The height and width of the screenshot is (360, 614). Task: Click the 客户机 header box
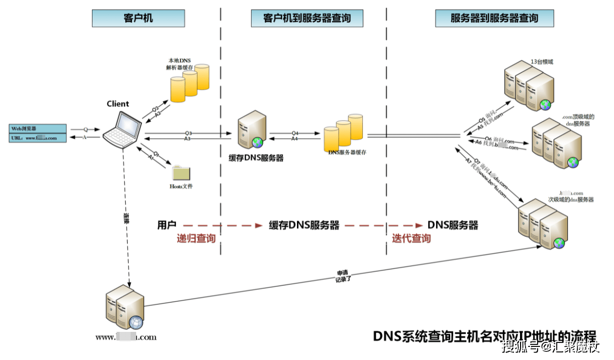click(138, 19)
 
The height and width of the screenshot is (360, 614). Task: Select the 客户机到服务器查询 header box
click(307, 19)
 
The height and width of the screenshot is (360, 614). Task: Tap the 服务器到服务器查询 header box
click(494, 19)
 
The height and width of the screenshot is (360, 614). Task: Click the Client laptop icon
click(123, 129)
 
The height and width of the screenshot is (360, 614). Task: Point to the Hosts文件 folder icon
click(181, 172)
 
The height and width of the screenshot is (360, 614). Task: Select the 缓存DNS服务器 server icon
click(251, 132)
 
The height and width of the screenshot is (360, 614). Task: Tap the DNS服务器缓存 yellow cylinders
click(343, 130)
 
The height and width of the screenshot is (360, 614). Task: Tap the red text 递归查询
click(196, 238)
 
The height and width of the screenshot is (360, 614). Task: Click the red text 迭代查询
click(411, 238)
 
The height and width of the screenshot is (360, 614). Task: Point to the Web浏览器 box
click(37, 128)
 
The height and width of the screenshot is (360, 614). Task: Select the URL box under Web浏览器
click(37, 138)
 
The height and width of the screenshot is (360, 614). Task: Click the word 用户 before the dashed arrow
click(166, 225)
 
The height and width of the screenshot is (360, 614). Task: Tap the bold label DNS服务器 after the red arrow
click(453, 225)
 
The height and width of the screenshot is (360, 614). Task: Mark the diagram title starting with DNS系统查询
click(484, 336)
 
